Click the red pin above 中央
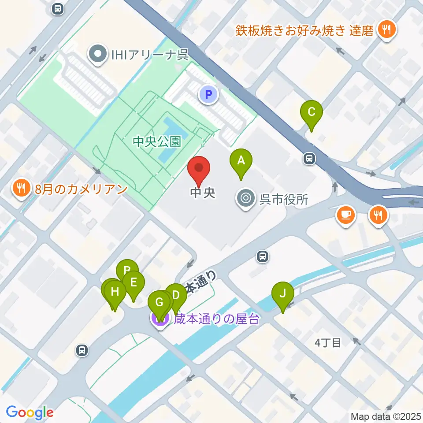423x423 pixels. [x=199, y=169]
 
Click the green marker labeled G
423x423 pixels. [x=159, y=303]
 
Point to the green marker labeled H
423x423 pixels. [x=115, y=292]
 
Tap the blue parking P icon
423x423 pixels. [x=209, y=94]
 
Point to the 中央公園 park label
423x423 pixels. [x=157, y=141]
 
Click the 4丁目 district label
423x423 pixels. [x=328, y=342]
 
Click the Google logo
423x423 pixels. [x=30, y=412]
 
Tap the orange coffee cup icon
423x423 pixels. [x=345, y=215]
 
